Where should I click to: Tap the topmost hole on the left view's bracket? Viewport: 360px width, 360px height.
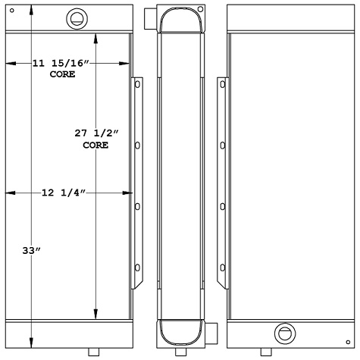click(x=137, y=86)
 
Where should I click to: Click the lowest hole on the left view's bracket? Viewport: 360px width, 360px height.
click(x=137, y=266)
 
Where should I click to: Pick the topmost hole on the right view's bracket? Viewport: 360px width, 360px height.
click(x=221, y=86)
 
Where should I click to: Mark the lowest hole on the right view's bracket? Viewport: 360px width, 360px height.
click(x=221, y=266)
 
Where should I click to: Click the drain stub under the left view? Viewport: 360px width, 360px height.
click(x=93, y=352)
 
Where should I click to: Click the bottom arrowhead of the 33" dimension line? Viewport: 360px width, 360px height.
click(x=31, y=340)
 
